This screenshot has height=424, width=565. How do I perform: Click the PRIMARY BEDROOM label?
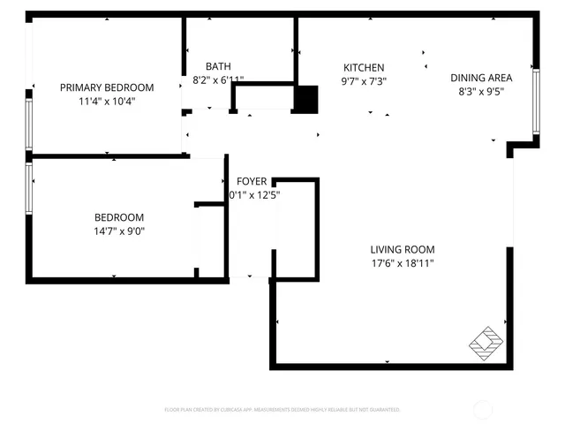[106, 87]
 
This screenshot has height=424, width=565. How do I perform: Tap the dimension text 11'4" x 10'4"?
[106, 101]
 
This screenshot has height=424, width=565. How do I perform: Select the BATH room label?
[218, 66]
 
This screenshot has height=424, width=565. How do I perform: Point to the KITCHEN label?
[364, 67]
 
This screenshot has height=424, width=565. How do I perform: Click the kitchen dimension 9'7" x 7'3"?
[364, 81]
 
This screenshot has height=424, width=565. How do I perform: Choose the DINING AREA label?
[481, 77]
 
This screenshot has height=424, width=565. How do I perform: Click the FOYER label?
[252, 181]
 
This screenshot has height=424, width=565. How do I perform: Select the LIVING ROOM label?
[402, 249]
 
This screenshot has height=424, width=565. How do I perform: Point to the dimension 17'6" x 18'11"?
[402, 263]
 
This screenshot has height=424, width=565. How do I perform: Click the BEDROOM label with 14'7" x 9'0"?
[119, 217]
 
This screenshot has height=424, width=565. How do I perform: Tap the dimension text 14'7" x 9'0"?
[119, 231]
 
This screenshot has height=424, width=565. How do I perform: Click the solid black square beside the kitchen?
[305, 99]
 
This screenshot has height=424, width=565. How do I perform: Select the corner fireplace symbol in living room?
[486, 342]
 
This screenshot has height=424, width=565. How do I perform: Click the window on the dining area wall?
[536, 101]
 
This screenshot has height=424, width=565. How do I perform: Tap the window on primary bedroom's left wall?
[28, 125]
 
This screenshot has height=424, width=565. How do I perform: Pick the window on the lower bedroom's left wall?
[28, 187]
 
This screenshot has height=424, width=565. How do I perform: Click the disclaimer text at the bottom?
[282, 410]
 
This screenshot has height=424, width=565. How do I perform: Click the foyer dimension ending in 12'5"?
[252, 194]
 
